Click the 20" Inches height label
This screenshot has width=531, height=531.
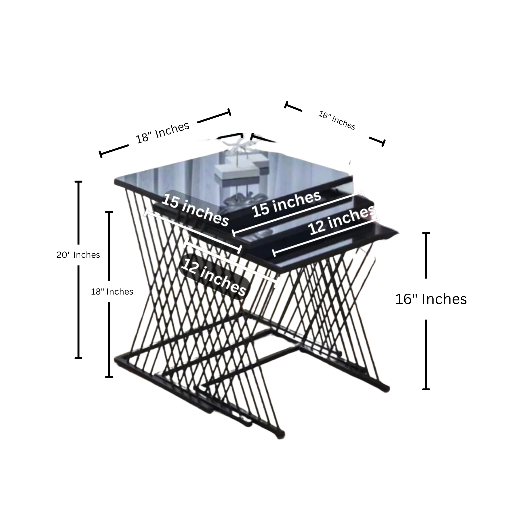pos(78,255)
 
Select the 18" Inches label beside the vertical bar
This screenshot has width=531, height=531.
pos(112,292)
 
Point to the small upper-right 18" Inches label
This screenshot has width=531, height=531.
pos(337,120)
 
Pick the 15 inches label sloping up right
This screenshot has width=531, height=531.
pos(287,204)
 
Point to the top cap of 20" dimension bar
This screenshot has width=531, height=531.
pos(79,182)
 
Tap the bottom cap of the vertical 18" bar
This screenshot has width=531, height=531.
pos(109,377)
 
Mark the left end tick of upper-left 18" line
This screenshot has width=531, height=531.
pos(101,154)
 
